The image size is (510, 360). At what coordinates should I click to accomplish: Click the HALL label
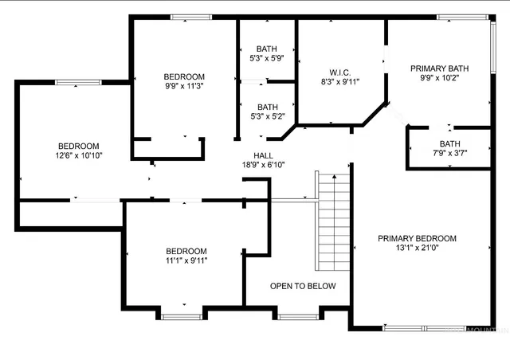click(264, 155)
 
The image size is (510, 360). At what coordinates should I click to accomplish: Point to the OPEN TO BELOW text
click(303, 286)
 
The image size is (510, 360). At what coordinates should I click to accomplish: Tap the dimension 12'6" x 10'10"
click(78, 155)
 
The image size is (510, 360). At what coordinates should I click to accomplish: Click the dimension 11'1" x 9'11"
click(186, 260)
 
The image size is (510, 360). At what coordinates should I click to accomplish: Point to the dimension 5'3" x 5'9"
click(267, 58)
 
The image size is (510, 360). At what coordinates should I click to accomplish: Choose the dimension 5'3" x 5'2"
click(267, 116)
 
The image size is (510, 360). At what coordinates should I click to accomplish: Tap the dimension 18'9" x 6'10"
click(264, 164)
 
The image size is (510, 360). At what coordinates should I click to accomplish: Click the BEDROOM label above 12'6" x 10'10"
click(78, 146)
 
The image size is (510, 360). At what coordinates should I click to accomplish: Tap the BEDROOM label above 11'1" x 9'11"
click(186, 250)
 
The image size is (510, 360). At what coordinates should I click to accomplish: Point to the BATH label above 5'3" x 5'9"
click(267, 49)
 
